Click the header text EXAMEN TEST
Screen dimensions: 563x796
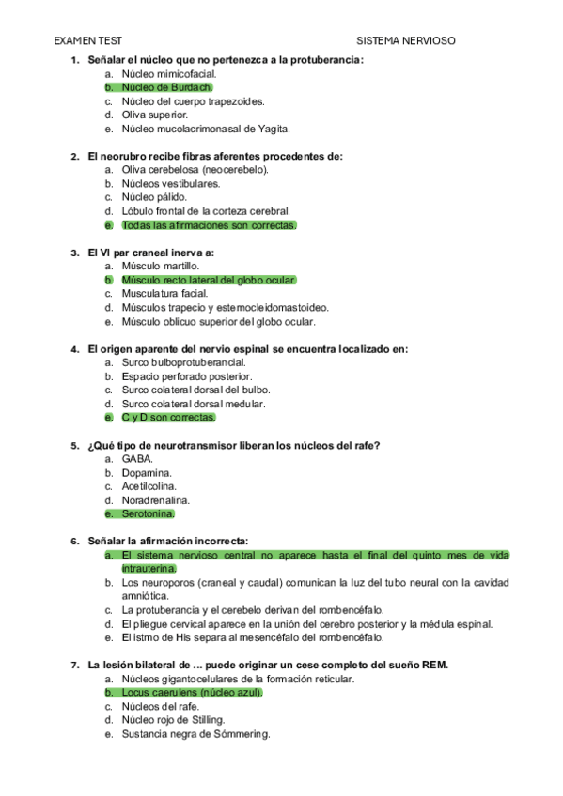(x=87, y=41)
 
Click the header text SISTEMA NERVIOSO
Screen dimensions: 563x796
(x=406, y=41)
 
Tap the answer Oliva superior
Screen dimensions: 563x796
(x=155, y=115)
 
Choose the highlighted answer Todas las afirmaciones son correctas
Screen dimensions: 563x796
(x=208, y=225)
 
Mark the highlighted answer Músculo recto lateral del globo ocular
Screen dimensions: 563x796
(x=209, y=280)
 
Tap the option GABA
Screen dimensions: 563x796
(x=137, y=459)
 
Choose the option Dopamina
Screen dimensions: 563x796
(x=147, y=473)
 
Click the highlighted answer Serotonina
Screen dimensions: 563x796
(x=148, y=513)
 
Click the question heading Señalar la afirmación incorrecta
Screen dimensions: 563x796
(x=167, y=542)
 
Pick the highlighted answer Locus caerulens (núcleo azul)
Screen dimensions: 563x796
(x=192, y=693)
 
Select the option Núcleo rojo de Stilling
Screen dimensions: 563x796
(x=173, y=720)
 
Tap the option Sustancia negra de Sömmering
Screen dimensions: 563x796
(x=195, y=734)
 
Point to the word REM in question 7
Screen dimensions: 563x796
(x=434, y=666)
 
